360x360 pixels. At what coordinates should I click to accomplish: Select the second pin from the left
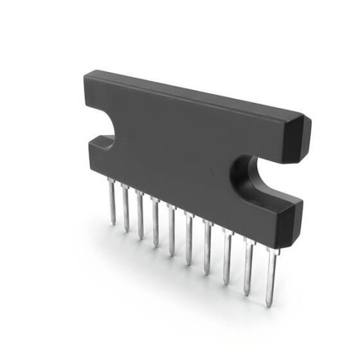point(125,209)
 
